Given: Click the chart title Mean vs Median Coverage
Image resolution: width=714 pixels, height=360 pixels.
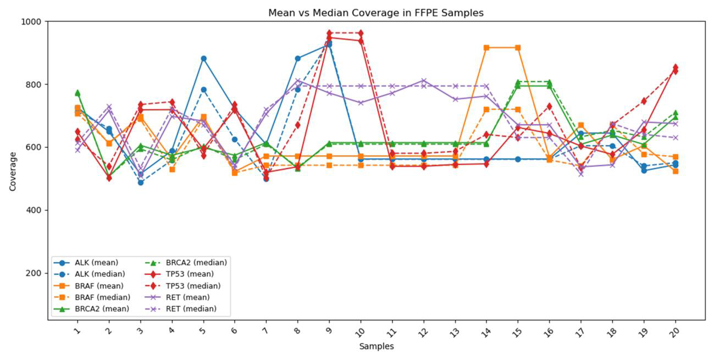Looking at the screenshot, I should pos(375,13).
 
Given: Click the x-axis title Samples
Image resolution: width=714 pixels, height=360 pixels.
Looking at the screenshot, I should pos(376,346).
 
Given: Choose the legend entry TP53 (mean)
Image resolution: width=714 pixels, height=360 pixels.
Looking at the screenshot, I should pos(190,274).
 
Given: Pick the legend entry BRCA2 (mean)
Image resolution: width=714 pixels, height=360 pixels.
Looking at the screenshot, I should pos(102,309).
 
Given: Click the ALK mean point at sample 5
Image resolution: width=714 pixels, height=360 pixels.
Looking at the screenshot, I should pos(203,58).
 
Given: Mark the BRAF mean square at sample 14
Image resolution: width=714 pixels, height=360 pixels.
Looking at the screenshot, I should pos(486,48).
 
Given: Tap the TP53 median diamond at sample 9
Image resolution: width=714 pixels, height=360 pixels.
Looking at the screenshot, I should pos(329,33).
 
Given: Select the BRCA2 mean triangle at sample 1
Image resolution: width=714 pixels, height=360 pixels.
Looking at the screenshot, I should pos(78,93).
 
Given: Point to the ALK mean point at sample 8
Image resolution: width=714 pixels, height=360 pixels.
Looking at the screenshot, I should pos(298,58).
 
